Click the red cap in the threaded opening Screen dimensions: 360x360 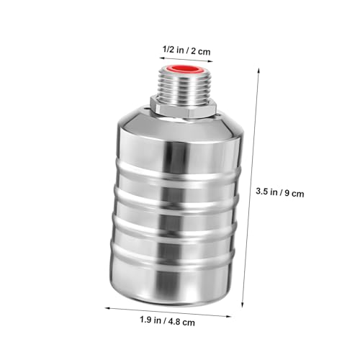(x=186, y=70)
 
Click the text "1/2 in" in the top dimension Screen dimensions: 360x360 (x=173, y=50)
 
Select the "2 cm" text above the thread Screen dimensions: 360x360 (x=201, y=51)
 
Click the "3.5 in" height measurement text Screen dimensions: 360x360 (x=267, y=192)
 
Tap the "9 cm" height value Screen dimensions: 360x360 (x=294, y=193)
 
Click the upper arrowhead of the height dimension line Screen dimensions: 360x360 (x=258, y=71)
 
